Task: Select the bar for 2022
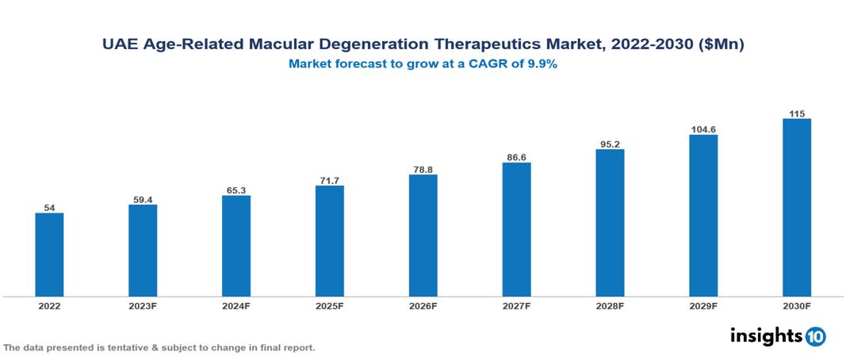49,255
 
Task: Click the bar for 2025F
329,241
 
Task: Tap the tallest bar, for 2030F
797,208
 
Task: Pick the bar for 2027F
516,230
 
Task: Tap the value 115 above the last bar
797,113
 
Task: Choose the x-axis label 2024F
236,305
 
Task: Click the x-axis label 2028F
610,305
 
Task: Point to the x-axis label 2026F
423,305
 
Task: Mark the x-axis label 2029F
703,305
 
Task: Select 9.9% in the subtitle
540,64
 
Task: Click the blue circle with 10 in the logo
815,337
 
